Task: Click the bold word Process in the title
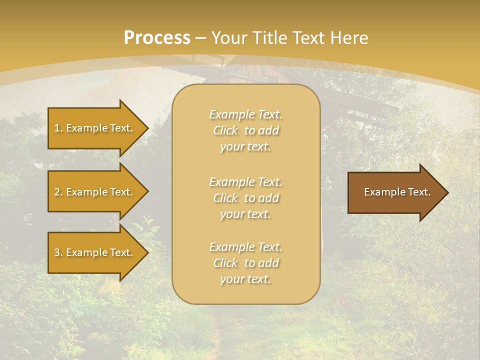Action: tap(157, 38)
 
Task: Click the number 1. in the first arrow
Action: tap(58, 128)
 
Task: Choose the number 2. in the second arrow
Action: tap(58, 192)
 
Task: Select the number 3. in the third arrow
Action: tap(58, 252)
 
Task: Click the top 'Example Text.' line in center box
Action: tap(246, 114)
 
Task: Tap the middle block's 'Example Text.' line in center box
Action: tap(246, 182)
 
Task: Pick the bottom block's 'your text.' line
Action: tap(245, 279)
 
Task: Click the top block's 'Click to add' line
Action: tap(246, 130)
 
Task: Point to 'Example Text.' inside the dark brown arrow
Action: tap(397, 192)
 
